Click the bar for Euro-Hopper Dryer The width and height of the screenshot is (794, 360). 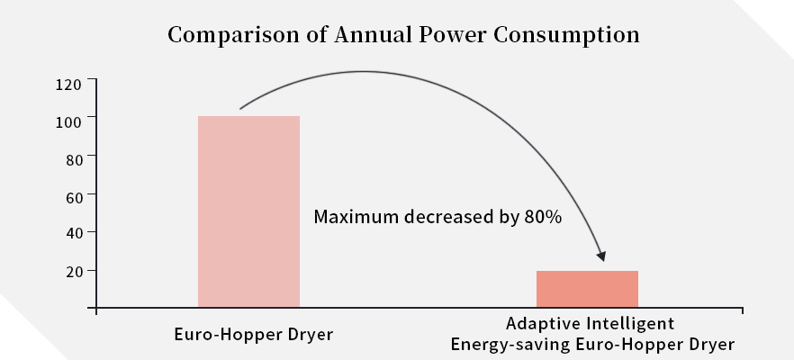tap(248, 211)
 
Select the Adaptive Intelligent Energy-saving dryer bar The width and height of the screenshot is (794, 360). tap(587, 289)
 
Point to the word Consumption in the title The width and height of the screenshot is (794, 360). tap(564, 36)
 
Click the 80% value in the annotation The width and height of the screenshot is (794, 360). tap(543, 217)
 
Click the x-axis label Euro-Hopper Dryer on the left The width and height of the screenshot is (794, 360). tap(253, 335)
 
